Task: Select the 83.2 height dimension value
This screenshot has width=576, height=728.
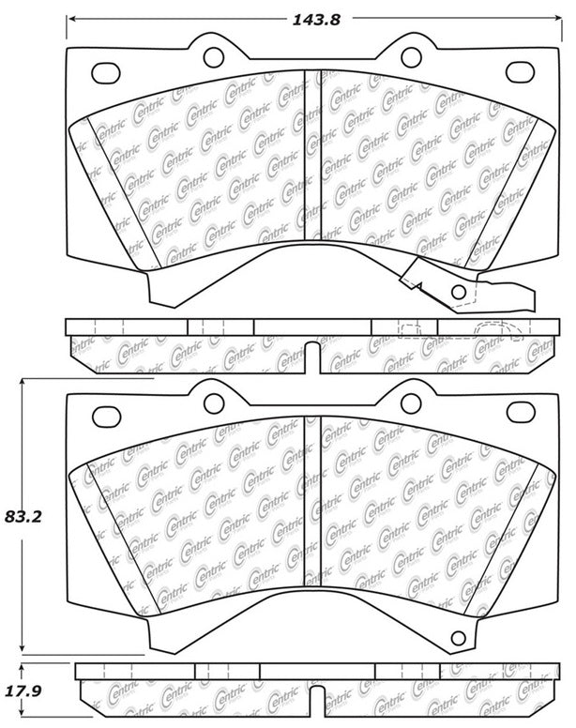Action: pos(23,515)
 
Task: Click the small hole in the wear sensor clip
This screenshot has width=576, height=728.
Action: pos(459,294)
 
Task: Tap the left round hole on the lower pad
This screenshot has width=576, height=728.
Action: pos(212,402)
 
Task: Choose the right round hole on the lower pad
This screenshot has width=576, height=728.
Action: pos(410,402)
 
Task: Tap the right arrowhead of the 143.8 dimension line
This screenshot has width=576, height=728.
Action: pos(553,18)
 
